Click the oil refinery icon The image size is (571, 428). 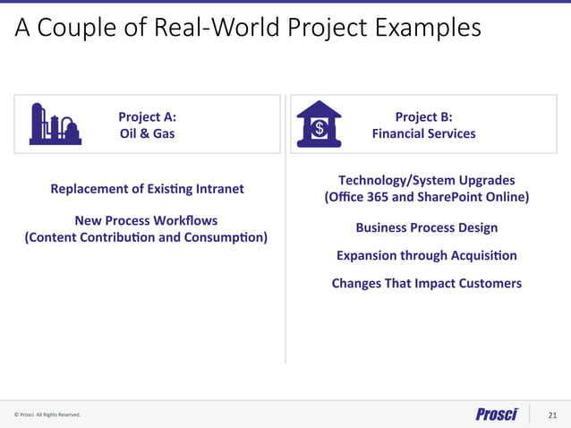[55, 124]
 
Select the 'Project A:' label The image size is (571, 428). [147, 116]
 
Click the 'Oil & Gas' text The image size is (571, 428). [147, 133]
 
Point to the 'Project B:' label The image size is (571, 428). [423, 116]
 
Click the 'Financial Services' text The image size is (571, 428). [423, 133]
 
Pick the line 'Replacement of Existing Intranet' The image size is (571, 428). [147, 189]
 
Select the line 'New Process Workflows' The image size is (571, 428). [146, 220]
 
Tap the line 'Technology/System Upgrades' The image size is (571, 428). [426, 180]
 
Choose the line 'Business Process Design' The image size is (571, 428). [426, 227]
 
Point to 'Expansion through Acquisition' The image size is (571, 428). [426, 255]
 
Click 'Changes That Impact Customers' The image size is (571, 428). [426, 283]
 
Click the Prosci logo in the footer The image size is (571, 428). [497, 414]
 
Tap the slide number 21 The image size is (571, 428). [551, 415]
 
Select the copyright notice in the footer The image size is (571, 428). [47, 415]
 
